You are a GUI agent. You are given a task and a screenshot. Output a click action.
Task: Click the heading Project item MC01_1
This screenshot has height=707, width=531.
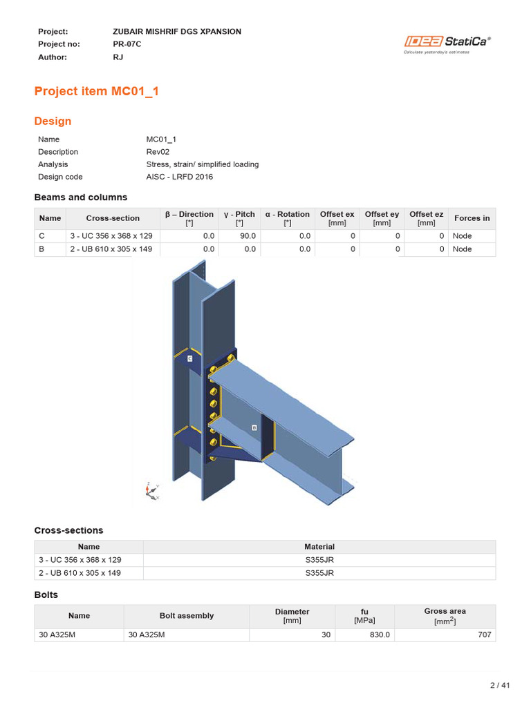(x=96, y=91)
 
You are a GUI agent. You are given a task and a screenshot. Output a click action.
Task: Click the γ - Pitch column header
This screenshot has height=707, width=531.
(x=239, y=218)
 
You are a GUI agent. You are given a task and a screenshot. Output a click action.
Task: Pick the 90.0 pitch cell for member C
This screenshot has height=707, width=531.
(x=246, y=236)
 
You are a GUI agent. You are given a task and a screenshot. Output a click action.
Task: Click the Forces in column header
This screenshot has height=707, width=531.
(x=472, y=218)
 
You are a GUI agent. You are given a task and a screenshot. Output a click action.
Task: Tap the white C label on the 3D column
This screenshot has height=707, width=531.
(x=189, y=358)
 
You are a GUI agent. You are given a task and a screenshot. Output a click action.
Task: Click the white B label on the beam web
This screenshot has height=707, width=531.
(x=254, y=427)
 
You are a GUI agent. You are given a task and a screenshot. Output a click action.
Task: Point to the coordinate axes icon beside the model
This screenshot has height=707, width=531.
(x=150, y=490)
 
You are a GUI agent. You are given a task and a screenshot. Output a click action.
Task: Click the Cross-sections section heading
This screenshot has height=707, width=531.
(x=68, y=530)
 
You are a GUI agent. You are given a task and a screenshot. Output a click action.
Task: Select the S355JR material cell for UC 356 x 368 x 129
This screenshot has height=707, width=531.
(x=319, y=560)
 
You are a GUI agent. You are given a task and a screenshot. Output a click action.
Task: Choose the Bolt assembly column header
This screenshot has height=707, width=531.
(x=186, y=616)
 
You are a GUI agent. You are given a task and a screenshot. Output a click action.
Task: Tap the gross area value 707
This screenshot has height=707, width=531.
(x=485, y=635)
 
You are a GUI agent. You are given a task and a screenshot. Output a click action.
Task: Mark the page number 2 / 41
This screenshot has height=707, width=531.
(x=499, y=685)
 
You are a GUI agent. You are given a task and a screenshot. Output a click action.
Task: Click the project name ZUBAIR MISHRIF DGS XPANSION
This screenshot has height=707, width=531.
(x=176, y=32)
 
